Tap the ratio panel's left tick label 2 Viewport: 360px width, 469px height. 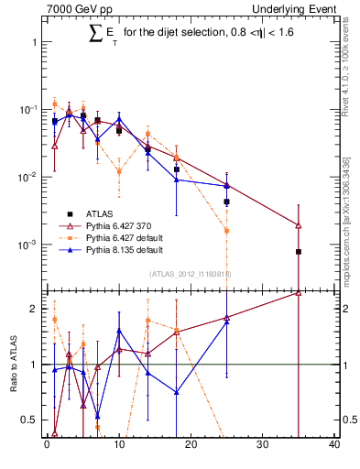[x=33, y=309]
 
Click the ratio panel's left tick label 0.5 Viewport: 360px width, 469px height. [x=29, y=420]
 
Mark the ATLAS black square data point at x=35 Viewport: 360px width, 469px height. [x=299, y=251]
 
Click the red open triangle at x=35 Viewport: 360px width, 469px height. [x=299, y=224]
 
